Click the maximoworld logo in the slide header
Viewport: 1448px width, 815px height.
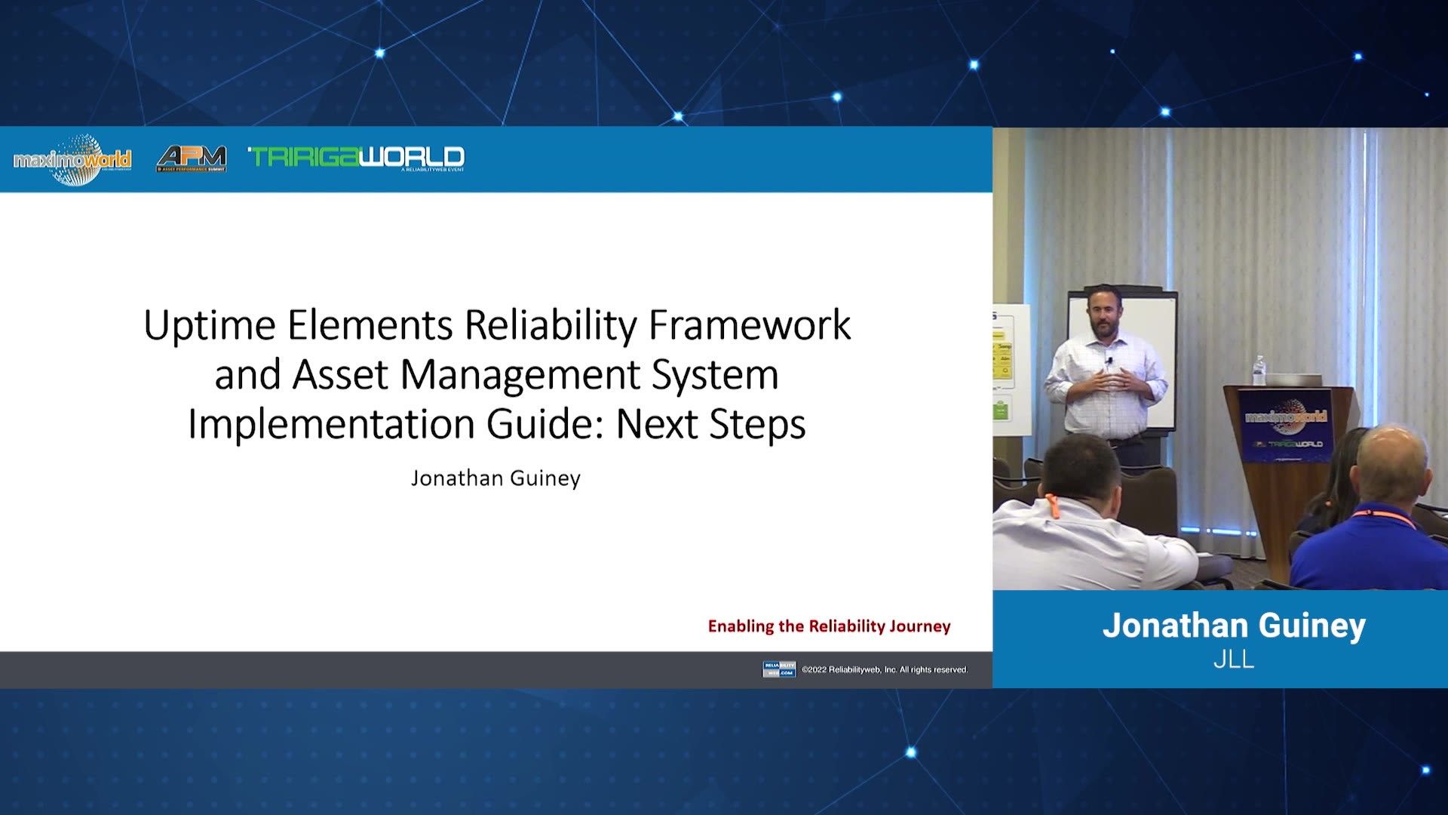coord(72,159)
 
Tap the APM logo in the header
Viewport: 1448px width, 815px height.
coord(192,158)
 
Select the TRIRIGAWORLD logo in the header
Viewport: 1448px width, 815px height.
coord(356,157)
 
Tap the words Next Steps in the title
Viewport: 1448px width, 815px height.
coord(710,424)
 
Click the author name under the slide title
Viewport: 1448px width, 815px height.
coord(495,478)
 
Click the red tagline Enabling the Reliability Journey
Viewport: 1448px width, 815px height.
coord(829,626)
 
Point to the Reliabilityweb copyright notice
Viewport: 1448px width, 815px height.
coord(884,669)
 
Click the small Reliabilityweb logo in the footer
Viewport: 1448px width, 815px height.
coord(778,669)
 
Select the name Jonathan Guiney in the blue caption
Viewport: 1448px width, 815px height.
coord(1234,626)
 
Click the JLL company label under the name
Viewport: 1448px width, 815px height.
coord(1234,660)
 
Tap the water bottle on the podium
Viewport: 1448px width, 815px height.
coord(1259,371)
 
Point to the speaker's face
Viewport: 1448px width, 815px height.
coord(1100,312)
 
